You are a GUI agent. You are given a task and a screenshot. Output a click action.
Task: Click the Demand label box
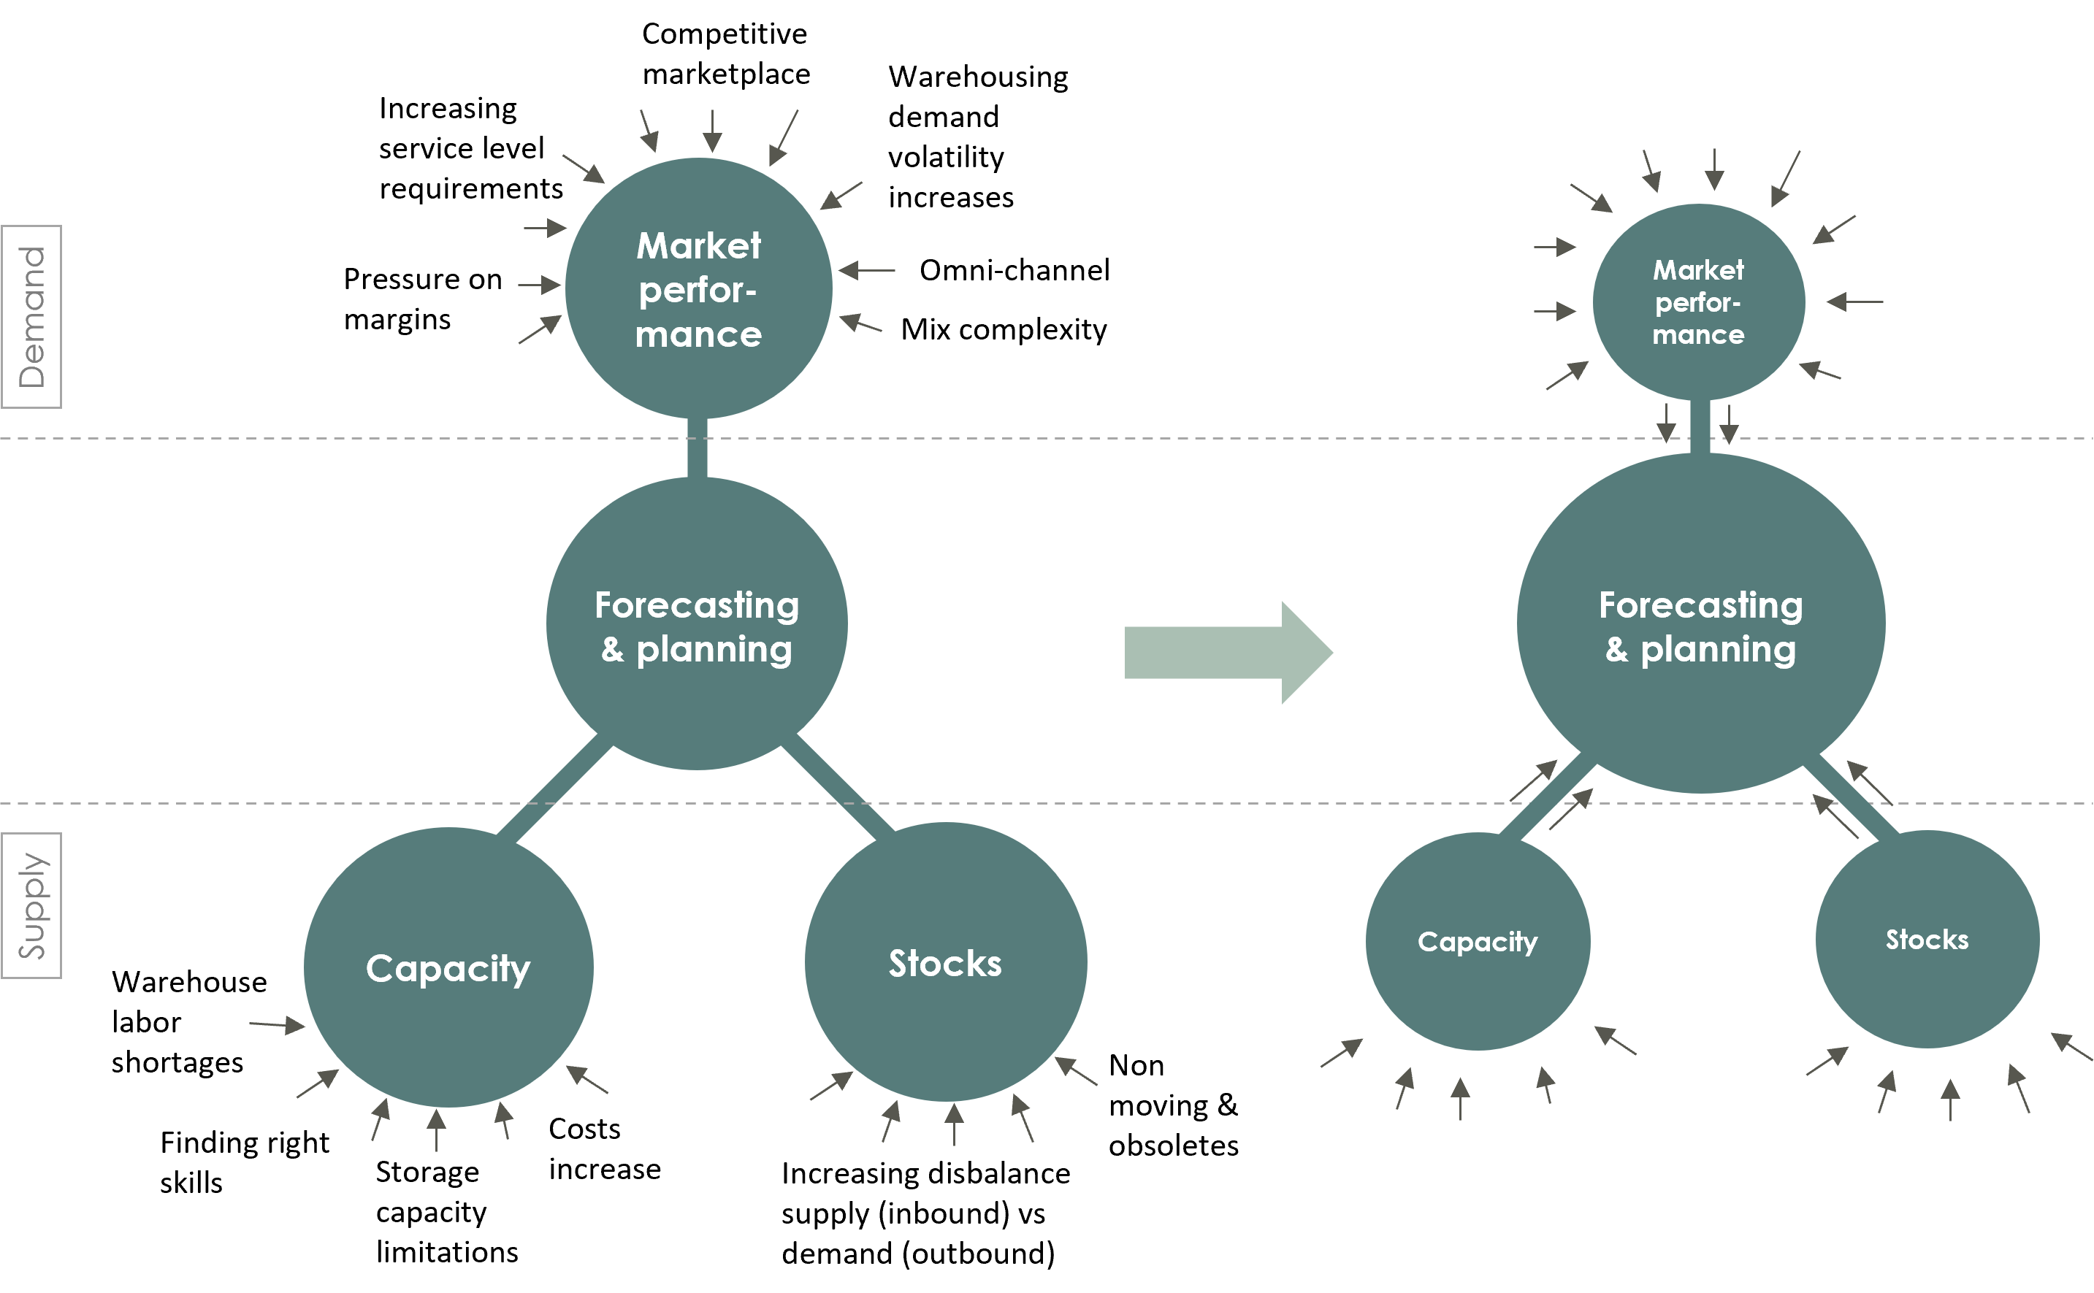pos(31,316)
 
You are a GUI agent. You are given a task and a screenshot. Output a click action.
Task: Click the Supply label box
pos(31,905)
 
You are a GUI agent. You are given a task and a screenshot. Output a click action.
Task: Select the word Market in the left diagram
pos(698,246)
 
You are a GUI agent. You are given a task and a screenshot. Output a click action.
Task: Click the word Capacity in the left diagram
pos(448,969)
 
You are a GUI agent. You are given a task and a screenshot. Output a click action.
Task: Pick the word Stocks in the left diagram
pos(945,964)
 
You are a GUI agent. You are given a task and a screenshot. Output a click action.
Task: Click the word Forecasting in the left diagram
pos(696,605)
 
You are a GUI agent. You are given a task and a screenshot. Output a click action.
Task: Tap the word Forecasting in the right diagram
pos(1700,605)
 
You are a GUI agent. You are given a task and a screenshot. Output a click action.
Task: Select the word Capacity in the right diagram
pos(1478,942)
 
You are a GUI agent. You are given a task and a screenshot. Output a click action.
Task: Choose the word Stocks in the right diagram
pos(1927,940)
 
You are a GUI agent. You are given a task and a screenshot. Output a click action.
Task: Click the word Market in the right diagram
pos(1698,270)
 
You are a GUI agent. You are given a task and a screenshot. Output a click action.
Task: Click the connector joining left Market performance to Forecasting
pos(697,448)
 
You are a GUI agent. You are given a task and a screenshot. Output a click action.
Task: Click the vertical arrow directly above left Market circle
pos(711,131)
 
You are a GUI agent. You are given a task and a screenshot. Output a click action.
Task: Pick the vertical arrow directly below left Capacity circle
pos(436,1129)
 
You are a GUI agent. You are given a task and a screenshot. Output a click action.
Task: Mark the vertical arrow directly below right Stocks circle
pos(1950,1100)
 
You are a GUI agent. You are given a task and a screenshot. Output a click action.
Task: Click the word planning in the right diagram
pos(1718,650)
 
